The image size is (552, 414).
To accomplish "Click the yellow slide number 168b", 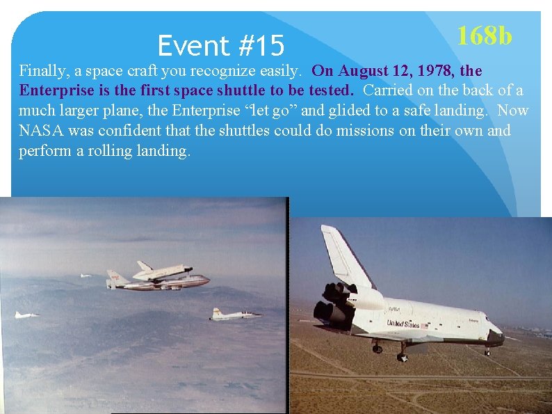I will [484, 35].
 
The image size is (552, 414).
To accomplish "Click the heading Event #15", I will [220, 47].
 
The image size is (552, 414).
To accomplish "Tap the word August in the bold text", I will [362, 71].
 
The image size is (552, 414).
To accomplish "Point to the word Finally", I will [42, 71].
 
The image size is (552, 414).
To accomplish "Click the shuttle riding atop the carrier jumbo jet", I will [163, 270].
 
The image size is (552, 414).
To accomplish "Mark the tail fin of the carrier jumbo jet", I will [114, 278].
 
